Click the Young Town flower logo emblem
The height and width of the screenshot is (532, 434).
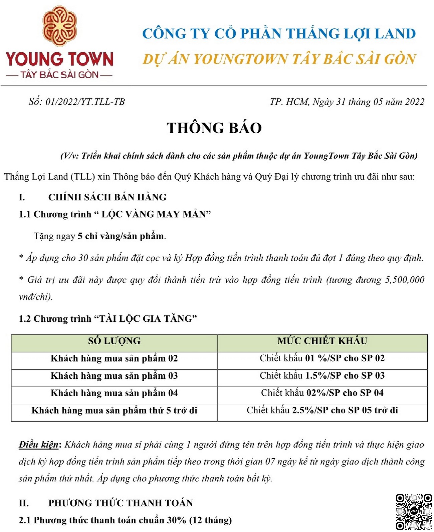coord(60,26)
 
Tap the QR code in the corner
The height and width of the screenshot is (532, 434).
coord(413,512)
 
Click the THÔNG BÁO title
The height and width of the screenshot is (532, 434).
coord(214,128)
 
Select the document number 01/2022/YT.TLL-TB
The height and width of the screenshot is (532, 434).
coord(85,102)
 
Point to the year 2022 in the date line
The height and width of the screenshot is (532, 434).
coord(414,102)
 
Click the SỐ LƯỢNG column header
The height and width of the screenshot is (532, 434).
coord(114,341)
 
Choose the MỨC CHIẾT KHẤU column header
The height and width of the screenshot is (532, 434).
coord(322,341)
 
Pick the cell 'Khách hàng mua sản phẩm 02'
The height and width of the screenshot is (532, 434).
coord(114,358)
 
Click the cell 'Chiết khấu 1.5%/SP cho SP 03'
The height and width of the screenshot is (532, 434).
coord(322,376)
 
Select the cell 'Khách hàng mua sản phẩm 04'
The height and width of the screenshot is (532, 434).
coord(114,393)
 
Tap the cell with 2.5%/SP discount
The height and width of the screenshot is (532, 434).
coord(322,410)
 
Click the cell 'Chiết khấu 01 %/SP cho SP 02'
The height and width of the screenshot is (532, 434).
coord(322,358)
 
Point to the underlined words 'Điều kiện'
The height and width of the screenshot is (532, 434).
coord(39,445)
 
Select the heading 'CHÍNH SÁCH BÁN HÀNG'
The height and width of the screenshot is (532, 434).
coord(107,197)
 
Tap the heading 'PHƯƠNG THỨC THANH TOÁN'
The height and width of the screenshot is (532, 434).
coord(121,503)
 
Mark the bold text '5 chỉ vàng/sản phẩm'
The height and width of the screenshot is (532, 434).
coord(121,236)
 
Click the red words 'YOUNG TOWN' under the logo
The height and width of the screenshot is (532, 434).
coord(59,59)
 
